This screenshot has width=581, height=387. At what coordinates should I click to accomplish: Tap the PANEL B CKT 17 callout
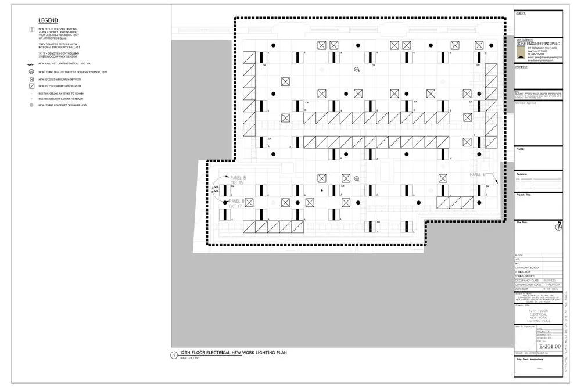pyautogui.click(x=235, y=203)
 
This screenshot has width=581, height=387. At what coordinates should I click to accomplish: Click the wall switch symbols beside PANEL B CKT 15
pyautogui.click(x=216, y=190)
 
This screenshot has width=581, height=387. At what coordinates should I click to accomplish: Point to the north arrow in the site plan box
pyautogui.click(x=558, y=227)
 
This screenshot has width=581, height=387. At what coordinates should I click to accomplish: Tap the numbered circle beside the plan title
pyautogui.click(x=173, y=355)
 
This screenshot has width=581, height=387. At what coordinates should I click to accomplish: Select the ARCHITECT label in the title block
pyautogui.click(x=522, y=67)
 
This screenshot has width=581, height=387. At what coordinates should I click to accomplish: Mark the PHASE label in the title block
pyautogui.click(x=520, y=149)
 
